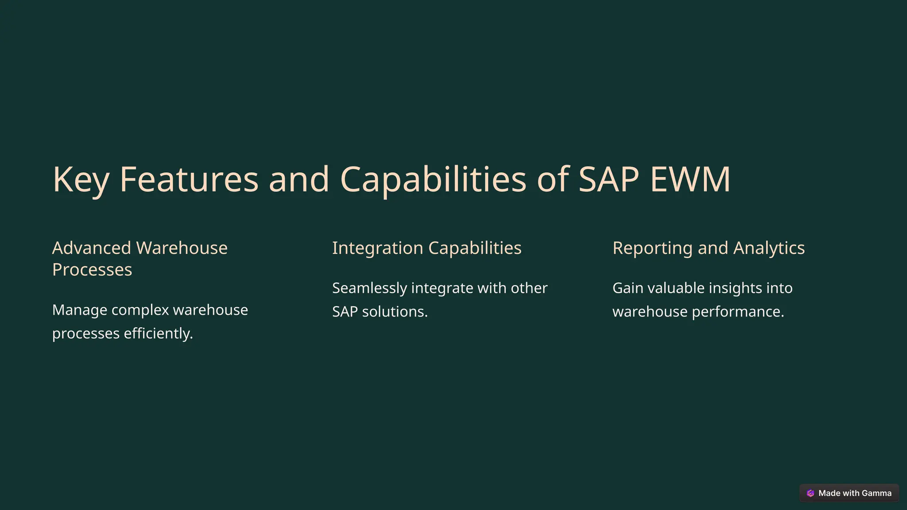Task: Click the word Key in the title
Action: click(x=81, y=179)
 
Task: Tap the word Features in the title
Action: click(x=189, y=179)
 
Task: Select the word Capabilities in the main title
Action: click(x=433, y=179)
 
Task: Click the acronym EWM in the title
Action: click(x=690, y=179)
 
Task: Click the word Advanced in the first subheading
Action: click(x=92, y=248)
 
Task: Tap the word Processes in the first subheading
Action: click(x=92, y=270)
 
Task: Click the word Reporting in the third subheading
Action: click(x=652, y=248)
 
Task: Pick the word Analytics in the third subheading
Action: click(x=769, y=248)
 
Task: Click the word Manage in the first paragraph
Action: click(x=80, y=310)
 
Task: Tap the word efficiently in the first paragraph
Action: click(x=158, y=333)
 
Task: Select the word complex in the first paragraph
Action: click(x=140, y=310)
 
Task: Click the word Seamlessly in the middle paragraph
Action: click(x=369, y=288)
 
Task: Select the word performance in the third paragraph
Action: click(x=738, y=312)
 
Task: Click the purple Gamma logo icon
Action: click(x=810, y=493)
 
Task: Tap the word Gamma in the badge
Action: click(x=876, y=493)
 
